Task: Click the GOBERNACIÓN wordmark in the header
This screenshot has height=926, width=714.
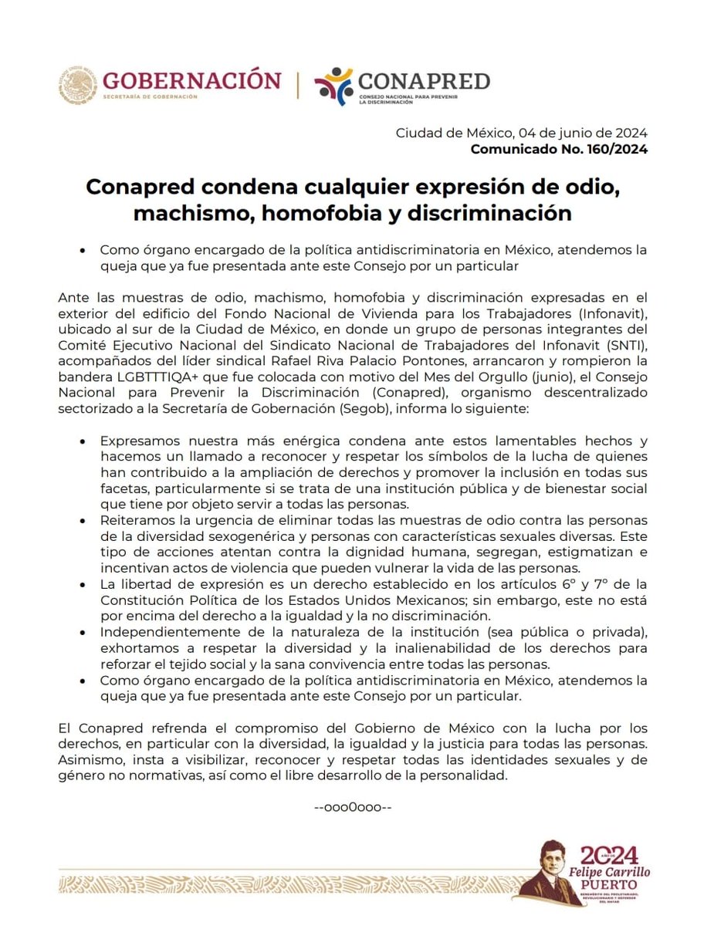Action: [x=191, y=79]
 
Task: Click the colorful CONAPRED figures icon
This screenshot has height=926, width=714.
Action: [x=334, y=86]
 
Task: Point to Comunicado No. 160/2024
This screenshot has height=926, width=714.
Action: [x=559, y=149]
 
